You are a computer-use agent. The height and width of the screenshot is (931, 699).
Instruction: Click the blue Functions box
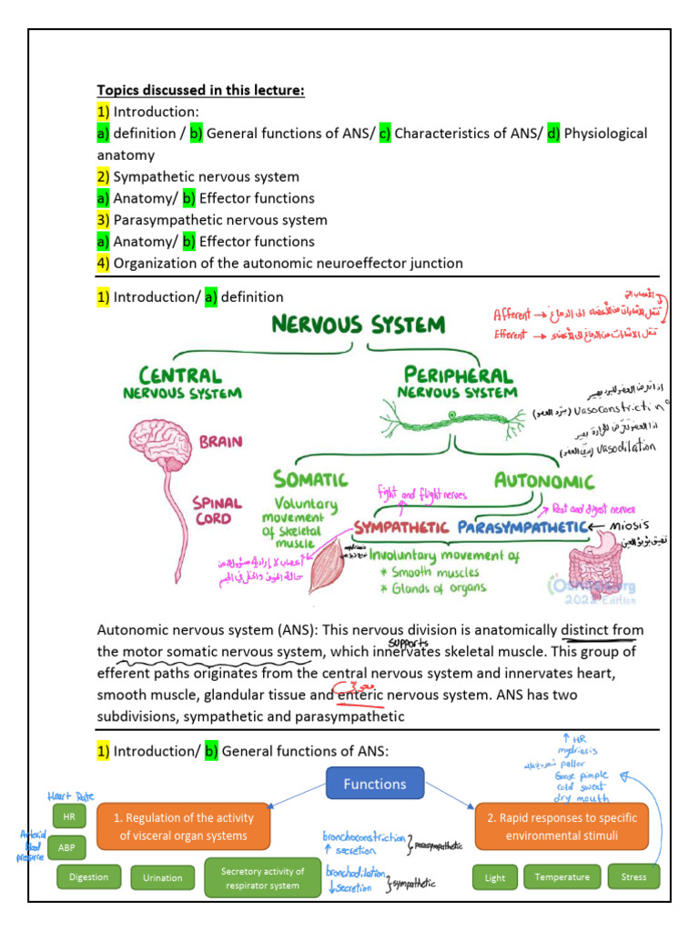click(x=374, y=784)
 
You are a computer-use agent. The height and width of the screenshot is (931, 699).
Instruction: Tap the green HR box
click(x=68, y=817)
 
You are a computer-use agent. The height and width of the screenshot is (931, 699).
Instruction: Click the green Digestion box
click(x=88, y=877)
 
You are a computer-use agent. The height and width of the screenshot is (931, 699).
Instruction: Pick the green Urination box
click(x=163, y=877)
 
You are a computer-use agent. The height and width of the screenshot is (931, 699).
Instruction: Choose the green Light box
click(x=494, y=877)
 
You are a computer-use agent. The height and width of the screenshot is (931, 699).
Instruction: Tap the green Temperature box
click(x=562, y=877)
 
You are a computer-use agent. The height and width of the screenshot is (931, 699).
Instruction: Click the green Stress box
click(x=633, y=877)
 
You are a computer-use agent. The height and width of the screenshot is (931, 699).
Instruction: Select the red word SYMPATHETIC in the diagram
click(x=401, y=527)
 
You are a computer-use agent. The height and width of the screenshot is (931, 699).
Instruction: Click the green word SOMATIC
click(x=310, y=478)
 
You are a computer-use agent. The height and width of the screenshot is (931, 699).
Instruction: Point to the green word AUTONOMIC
click(x=543, y=481)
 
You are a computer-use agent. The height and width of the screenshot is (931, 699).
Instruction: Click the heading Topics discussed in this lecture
click(x=201, y=90)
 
